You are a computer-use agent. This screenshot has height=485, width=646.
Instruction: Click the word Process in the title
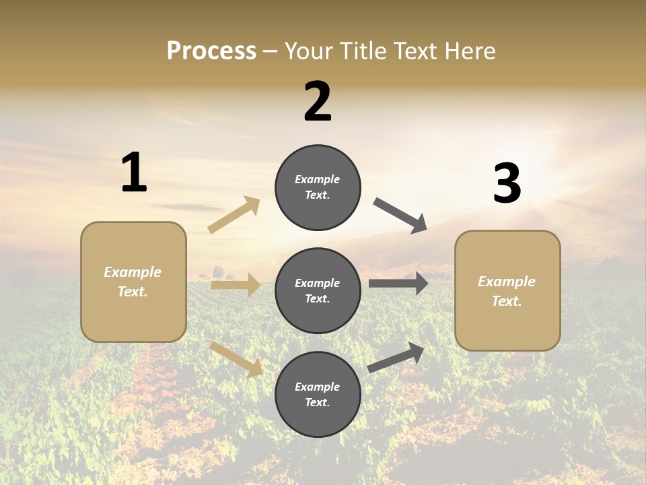[211, 51]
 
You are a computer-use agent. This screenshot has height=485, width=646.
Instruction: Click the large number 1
[134, 173]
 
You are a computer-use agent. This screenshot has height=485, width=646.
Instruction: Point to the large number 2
[318, 102]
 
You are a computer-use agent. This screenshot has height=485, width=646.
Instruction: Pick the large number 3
[507, 183]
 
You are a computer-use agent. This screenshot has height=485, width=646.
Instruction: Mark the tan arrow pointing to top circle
[234, 215]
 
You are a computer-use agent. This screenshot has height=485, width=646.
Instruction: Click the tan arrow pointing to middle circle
[236, 285]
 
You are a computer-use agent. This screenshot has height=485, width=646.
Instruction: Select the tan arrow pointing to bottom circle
[236, 358]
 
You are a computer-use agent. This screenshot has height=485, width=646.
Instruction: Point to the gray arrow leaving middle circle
[398, 283]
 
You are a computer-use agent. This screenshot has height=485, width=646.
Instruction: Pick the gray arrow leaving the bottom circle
[396, 357]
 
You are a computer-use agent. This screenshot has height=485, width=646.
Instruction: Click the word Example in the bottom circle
[317, 387]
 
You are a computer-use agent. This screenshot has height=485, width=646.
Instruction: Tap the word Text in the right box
[506, 301]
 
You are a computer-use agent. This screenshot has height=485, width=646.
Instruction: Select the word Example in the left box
[133, 272]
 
